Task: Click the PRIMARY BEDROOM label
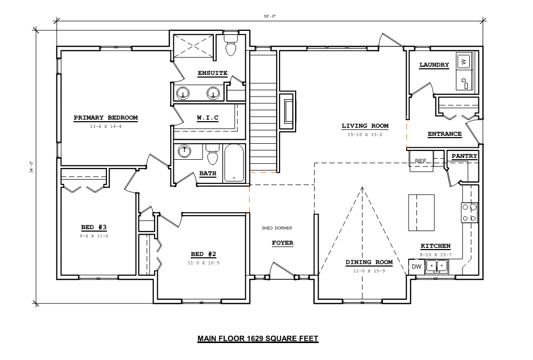[106, 118]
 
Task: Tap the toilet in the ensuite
[231, 44]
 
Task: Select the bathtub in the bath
[234, 163]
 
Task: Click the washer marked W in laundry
[464, 62]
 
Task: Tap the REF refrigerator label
[420, 161]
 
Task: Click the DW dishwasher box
[416, 267]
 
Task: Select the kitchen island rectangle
[421, 213]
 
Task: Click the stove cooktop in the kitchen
[469, 213]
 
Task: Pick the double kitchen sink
[437, 266]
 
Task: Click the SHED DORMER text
[277, 228]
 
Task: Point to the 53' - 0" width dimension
[270, 16]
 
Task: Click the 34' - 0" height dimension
[31, 167]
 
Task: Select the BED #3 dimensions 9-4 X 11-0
[94, 236]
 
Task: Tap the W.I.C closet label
[208, 118]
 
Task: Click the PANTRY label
[464, 156]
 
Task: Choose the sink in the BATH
[184, 151]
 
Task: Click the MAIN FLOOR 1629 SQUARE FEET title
[258, 338]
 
